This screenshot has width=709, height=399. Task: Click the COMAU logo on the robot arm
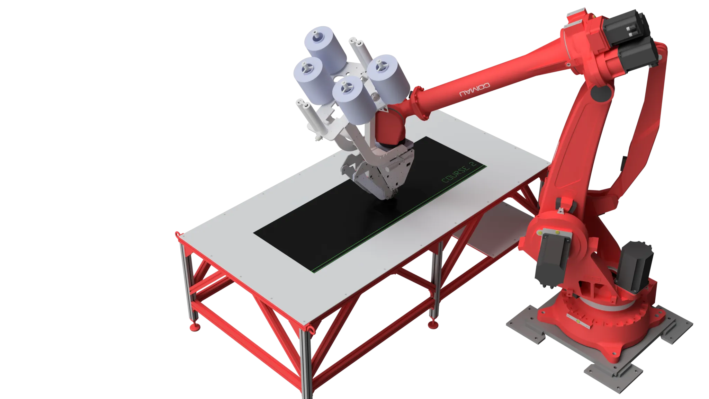click(x=475, y=89)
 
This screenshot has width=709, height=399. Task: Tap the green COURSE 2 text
click(x=459, y=172)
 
